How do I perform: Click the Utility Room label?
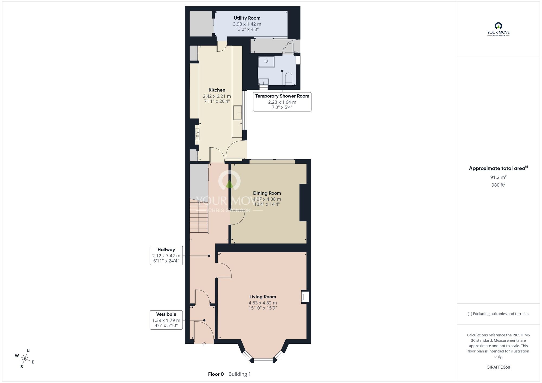tap(247, 18)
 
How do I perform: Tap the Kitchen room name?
tap(217, 90)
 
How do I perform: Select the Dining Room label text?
tap(267, 193)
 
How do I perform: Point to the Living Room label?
tap(263, 297)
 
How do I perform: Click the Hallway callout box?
tap(166, 255)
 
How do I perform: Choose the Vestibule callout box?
tap(166, 320)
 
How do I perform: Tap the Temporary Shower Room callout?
tap(282, 102)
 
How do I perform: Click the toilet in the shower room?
tap(289, 79)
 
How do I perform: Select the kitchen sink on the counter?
tap(237, 113)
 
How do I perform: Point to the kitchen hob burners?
tap(197, 134)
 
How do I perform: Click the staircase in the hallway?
tap(199, 216)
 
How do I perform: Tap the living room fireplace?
tap(305, 297)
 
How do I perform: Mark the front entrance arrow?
tap(204, 343)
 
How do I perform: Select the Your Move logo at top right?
tap(498, 29)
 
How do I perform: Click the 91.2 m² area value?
tap(498, 177)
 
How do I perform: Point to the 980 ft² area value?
tap(498, 185)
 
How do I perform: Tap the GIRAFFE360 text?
tap(498, 367)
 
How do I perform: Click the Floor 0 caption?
tap(216, 374)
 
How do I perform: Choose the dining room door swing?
tap(237, 218)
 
